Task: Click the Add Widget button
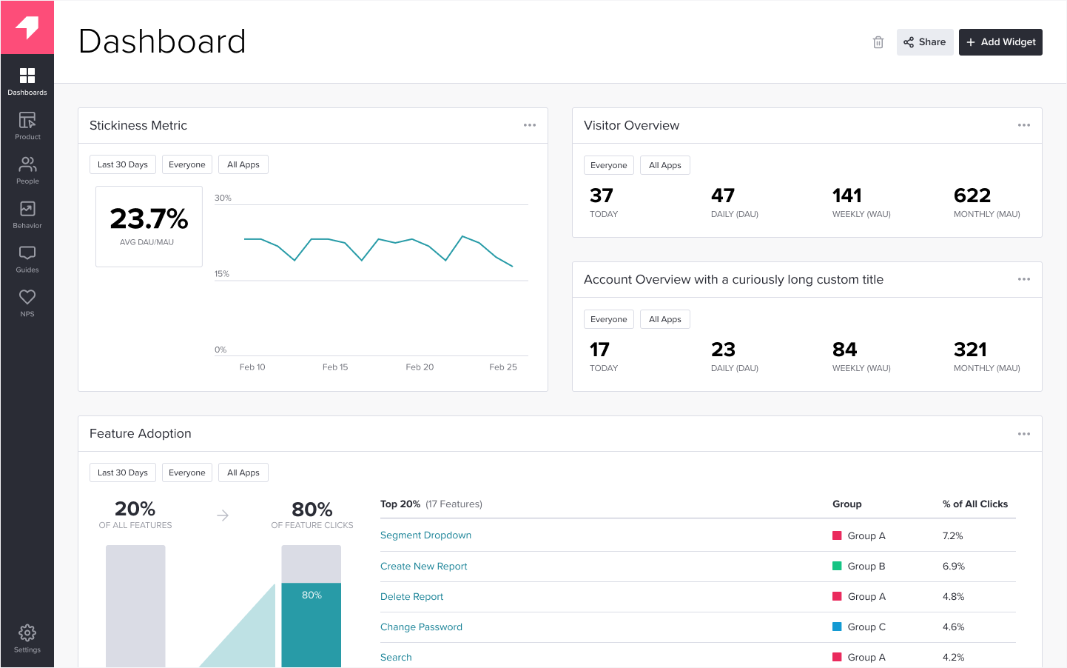pyautogui.click(x=1000, y=42)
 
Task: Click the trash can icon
pyautogui.click(x=878, y=42)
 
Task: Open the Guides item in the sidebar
pyautogui.click(x=27, y=259)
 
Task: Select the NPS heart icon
pyautogui.click(x=27, y=298)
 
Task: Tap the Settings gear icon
pyautogui.click(x=27, y=632)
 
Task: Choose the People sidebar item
pyautogui.click(x=27, y=170)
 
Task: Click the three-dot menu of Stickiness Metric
pyautogui.click(x=530, y=125)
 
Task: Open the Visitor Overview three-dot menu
pyautogui.click(x=1024, y=125)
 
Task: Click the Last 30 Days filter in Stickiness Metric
pyautogui.click(x=123, y=164)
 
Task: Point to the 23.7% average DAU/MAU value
pyautogui.click(x=149, y=219)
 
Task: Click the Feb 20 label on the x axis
pyautogui.click(x=420, y=367)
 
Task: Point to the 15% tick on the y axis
pyautogui.click(x=222, y=274)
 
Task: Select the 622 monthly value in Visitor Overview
pyautogui.click(x=972, y=196)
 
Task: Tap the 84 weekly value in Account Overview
pyautogui.click(x=844, y=350)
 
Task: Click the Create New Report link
pyautogui.click(x=424, y=567)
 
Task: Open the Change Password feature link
pyautogui.click(x=421, y=627)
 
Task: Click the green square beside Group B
pyautogui.click(x=837, y=566)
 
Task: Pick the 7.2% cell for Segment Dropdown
pyautogui.click(x=953, y=536)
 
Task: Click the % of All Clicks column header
pyautogui.click(x=975, y=504)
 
